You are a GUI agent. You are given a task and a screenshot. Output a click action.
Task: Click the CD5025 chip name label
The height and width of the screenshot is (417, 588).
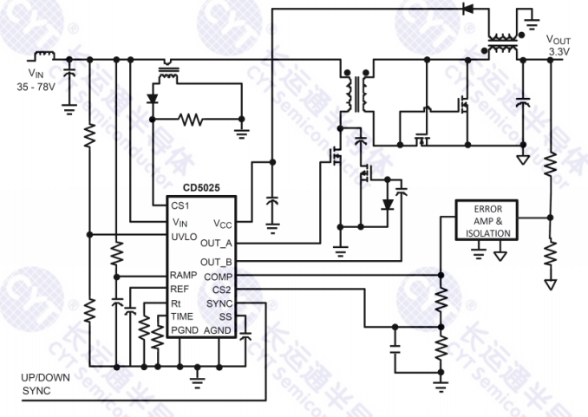(x=201, y=187)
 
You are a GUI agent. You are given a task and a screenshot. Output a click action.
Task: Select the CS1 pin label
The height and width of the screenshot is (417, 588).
(x=180, y=205)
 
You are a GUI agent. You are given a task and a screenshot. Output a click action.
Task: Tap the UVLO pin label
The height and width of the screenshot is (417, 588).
(x=184, y=237)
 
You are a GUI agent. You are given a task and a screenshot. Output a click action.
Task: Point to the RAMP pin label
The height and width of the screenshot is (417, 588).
(x=185, y=275)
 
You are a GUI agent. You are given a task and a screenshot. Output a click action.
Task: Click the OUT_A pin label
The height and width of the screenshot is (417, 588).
(x=216, y=244)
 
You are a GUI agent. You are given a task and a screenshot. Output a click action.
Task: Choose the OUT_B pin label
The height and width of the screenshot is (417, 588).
(x=216, y=261)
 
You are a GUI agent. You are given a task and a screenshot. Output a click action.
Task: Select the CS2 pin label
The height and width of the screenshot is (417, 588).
(x=221, y=290)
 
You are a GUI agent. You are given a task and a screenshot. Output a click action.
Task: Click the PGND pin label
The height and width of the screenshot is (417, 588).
(x=184, y=330)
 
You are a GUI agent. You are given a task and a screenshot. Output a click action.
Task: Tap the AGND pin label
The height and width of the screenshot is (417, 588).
(x=218, y=330)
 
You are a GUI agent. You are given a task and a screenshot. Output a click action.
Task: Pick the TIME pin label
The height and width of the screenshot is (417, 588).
(x=182, y=316)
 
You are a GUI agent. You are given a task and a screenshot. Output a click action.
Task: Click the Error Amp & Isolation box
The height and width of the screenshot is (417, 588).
(x=488, y=222)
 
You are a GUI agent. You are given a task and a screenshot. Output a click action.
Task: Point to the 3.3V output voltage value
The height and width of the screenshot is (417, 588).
(x=559, y=53)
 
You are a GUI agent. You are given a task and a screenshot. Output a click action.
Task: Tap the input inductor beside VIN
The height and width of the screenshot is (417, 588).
(x=43, y=56)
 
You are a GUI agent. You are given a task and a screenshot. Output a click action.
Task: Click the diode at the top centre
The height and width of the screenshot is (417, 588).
(x=469, y=10)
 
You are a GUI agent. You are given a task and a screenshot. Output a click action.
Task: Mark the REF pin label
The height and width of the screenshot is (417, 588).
(x=180, y=289)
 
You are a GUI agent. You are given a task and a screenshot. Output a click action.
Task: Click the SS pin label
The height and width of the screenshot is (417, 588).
(x=225, y=316)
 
